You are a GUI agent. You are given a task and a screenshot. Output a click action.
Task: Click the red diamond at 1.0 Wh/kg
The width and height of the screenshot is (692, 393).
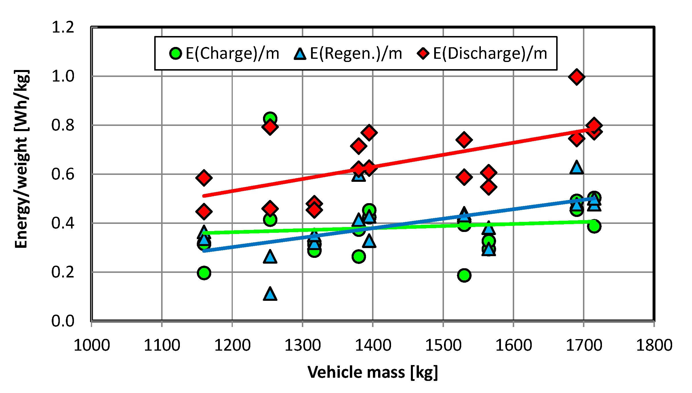[576, 77]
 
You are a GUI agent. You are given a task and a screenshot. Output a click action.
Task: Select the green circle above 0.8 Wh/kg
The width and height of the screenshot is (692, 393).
[270, 118]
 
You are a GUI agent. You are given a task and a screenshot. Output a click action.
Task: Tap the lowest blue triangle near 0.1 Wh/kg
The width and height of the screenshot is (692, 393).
[270, 294]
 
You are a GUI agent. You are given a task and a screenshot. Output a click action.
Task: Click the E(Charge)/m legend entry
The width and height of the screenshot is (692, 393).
[224, 54]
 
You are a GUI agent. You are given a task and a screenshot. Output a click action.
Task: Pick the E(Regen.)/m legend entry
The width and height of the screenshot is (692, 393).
[348, 54]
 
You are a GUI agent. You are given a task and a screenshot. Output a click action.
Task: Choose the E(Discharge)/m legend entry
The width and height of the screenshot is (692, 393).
[482, 54]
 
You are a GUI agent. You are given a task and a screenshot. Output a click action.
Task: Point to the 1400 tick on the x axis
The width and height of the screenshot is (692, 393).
[373, 345]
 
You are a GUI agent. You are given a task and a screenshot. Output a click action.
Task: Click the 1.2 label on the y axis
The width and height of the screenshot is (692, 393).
[63, 28]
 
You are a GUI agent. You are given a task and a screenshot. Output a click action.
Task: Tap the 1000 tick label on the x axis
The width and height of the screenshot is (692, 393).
[91, 345]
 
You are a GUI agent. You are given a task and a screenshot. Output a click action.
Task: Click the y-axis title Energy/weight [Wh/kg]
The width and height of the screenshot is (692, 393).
[22, 159]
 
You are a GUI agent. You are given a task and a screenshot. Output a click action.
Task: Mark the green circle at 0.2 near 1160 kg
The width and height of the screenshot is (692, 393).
[204, 273]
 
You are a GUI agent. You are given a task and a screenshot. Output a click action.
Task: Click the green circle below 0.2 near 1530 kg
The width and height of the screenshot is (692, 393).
[464, 275]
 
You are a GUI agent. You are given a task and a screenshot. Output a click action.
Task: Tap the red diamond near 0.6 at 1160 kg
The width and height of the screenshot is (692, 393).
[204, 177]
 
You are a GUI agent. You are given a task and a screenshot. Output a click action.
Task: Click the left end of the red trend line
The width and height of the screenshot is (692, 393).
[204, 196]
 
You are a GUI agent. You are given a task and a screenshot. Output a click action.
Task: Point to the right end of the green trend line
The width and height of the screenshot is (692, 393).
[594, 221]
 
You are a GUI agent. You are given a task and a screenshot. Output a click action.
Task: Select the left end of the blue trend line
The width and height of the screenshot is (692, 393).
[204, 251]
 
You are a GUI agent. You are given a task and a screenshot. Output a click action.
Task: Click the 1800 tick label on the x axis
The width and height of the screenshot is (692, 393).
[654, 345]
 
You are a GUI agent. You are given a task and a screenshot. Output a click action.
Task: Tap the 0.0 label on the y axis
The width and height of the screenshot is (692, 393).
[63, 321]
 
